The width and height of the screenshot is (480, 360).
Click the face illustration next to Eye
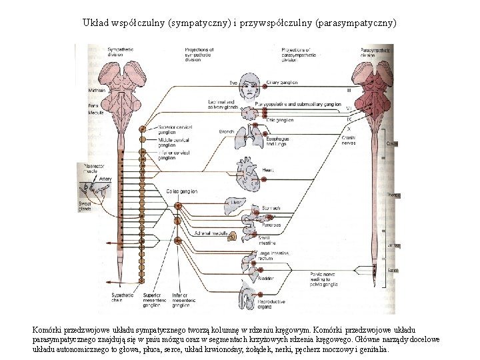[251, 88]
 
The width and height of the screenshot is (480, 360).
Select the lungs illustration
[249, 137]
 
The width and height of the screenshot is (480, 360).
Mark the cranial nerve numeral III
[349, 90]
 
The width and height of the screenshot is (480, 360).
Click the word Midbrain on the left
[97, 90]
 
